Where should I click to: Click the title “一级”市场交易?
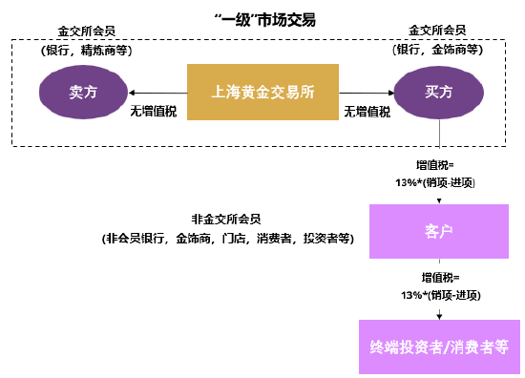coord(262,19)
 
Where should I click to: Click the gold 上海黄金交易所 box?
coord(262,92)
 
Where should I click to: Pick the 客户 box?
coord(438,230)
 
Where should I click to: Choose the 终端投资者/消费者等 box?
coord(438,346)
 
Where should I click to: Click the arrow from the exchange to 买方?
coord(367,92)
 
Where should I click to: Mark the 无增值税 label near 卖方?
coord(153,111)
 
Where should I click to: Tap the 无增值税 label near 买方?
coord(367,111)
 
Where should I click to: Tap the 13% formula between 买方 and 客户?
coord(438,175)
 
